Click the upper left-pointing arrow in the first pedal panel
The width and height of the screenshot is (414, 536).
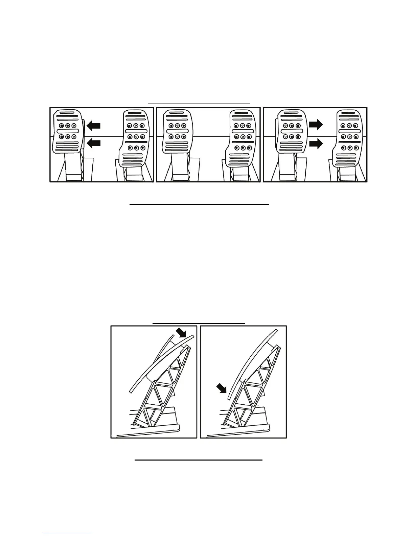click(94, 126)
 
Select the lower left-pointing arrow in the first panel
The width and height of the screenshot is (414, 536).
click(94, 144)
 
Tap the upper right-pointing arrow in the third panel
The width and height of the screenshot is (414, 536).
click(316, 125)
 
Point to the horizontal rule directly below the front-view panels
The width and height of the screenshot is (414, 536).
click(199, 204)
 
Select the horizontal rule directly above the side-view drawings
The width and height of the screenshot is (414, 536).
click(199, 323)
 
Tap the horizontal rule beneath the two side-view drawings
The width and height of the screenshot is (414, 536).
click(199, 460)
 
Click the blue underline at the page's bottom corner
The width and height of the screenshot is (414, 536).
click(67, 533)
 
